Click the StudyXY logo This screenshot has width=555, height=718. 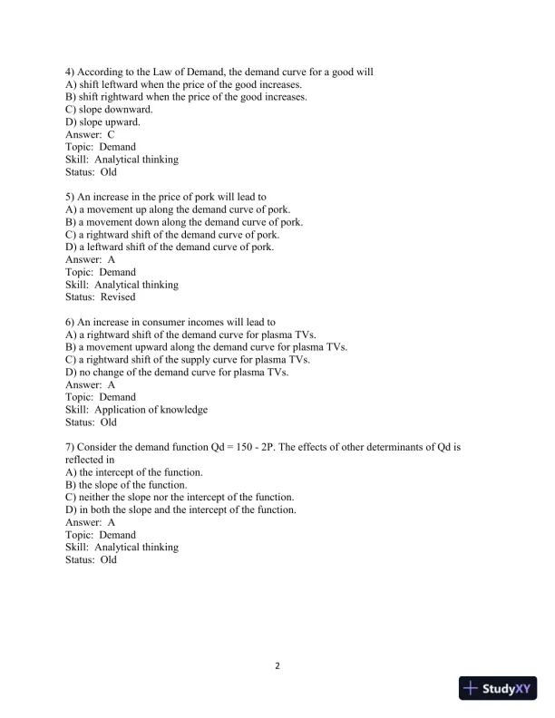click(x=499, y=688)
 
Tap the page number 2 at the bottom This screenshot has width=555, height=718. click(x=277, y=666)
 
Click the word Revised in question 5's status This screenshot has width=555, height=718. click(x=118, y=296)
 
